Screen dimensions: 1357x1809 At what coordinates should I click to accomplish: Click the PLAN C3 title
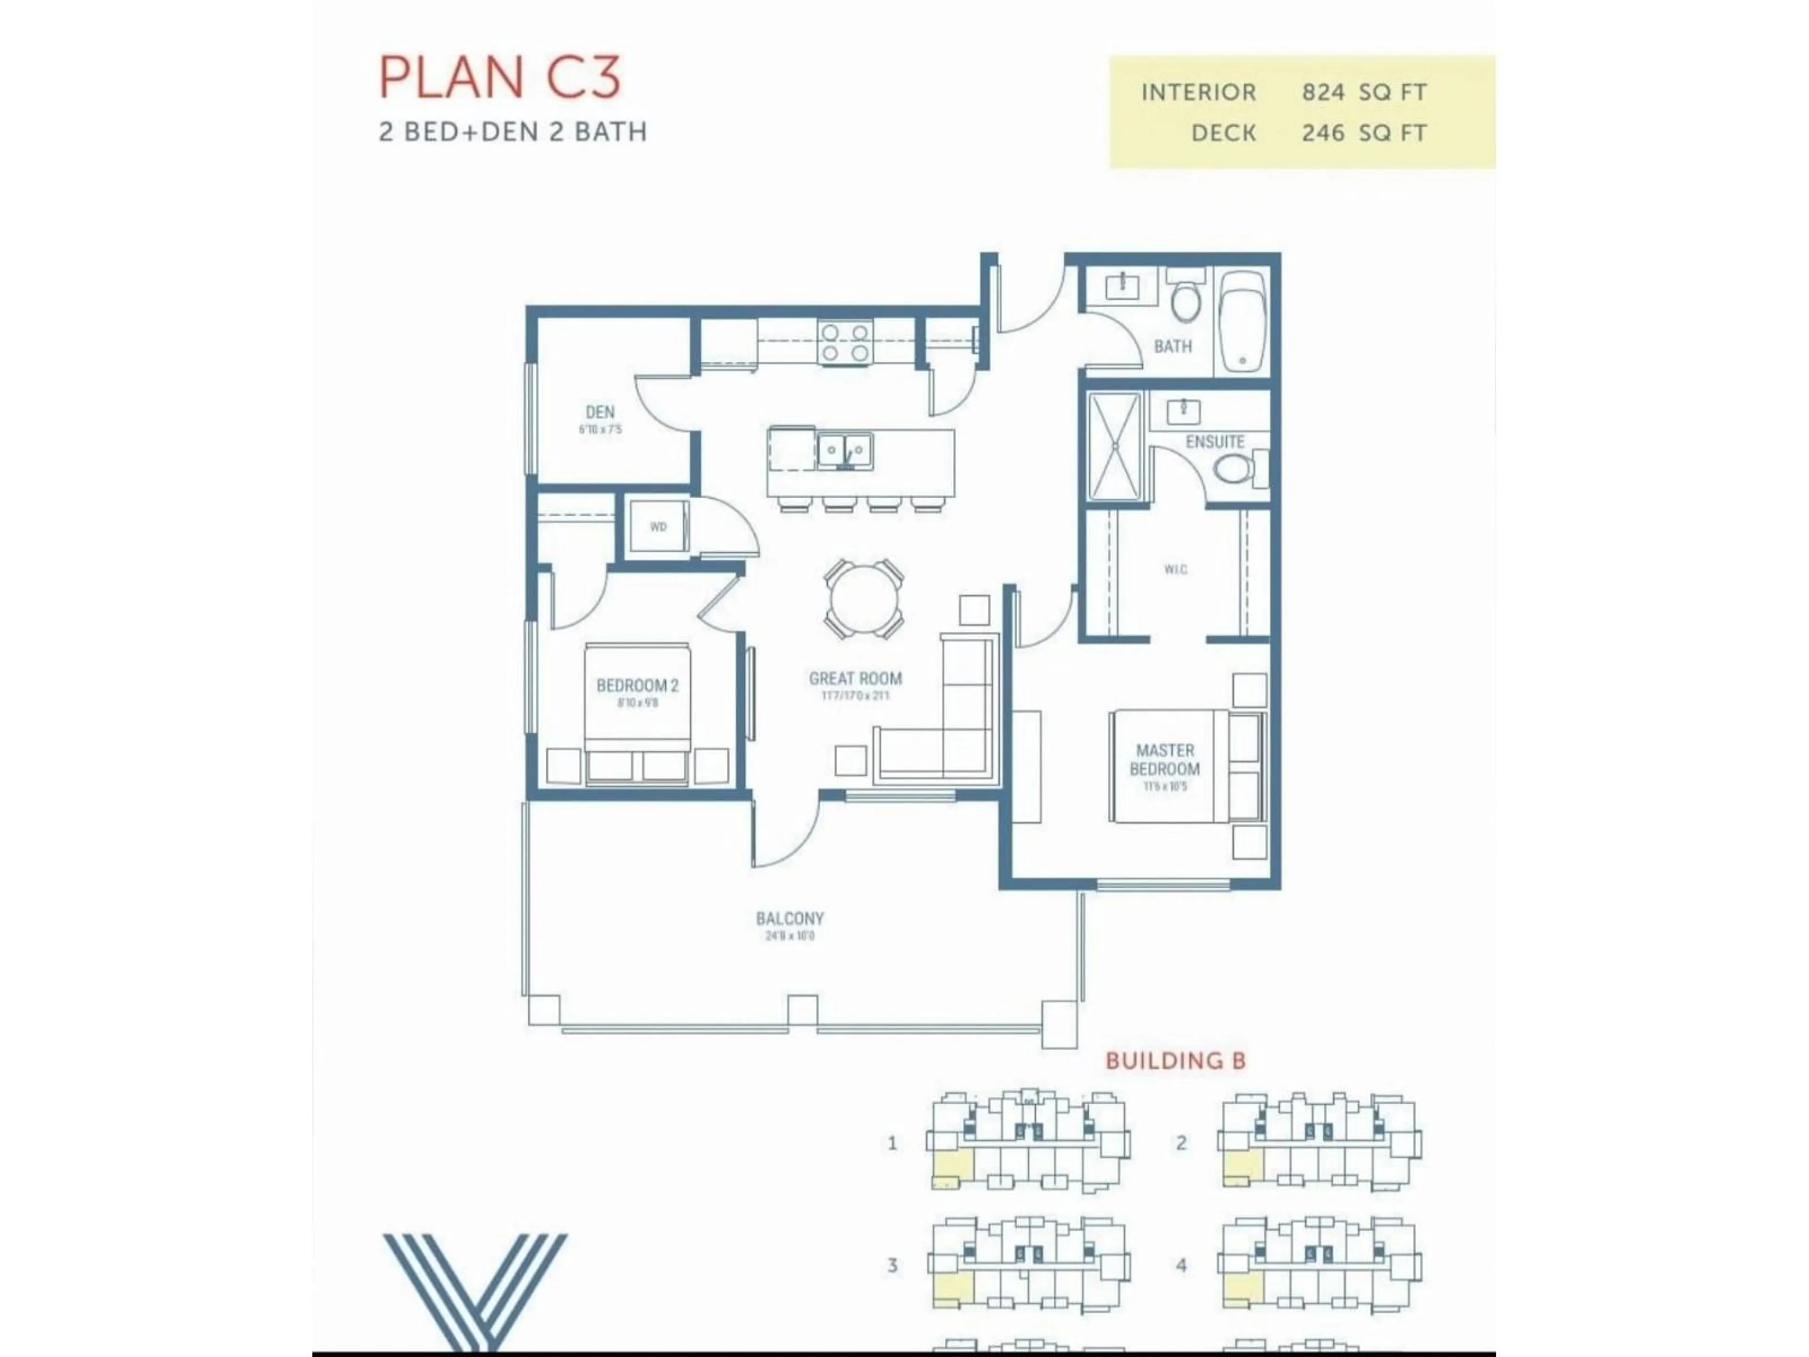coord(500,78)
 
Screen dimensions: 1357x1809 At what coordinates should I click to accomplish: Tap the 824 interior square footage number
coord(1322,92)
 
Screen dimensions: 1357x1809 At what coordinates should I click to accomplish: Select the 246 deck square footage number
coord(1322,132)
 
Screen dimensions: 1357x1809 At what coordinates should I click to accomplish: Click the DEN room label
coord(599,412)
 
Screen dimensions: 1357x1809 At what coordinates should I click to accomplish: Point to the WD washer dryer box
coord(658,527)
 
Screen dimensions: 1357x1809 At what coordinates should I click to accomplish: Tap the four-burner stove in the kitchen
coord(845,343)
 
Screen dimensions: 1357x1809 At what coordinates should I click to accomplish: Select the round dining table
coord(864,599)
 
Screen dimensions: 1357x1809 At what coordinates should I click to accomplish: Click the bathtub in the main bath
coord(1241,321)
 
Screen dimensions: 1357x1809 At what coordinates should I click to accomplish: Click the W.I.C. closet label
coord(1175,569)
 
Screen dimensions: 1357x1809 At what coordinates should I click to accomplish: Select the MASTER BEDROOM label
coord(1165,760)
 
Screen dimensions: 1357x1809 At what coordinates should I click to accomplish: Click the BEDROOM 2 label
coord(637,686)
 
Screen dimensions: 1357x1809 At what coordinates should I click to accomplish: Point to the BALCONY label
coord(789,919)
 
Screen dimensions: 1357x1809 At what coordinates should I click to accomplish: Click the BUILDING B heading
coord(1175,1061)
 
